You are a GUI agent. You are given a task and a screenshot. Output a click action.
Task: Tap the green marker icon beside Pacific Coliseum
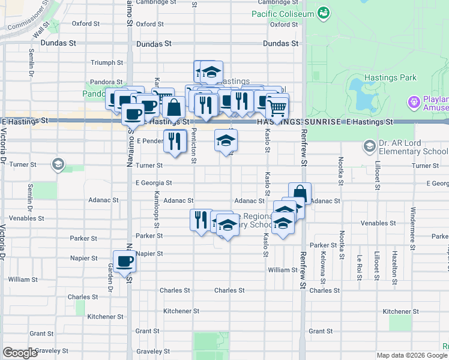[324, 12]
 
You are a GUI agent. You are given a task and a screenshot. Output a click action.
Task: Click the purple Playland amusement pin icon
[414, 103]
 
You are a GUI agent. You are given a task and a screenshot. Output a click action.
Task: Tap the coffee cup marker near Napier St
[125, 261]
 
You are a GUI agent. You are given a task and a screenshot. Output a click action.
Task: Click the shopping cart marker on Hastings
[277, 107]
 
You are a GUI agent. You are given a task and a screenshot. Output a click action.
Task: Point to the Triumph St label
[107, 62]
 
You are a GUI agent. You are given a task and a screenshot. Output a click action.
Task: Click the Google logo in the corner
[20, 353]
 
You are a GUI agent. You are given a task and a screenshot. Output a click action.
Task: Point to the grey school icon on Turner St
[58, 164]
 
